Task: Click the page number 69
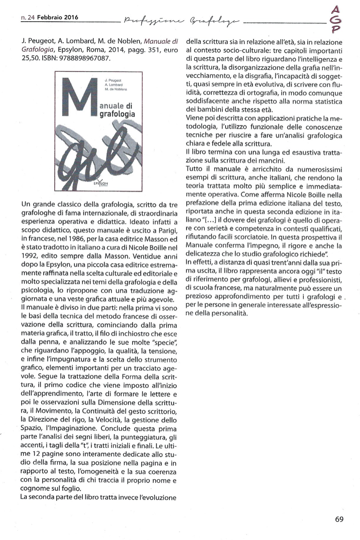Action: [x=339, y=519]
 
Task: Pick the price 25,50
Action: [x=30, y=60]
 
